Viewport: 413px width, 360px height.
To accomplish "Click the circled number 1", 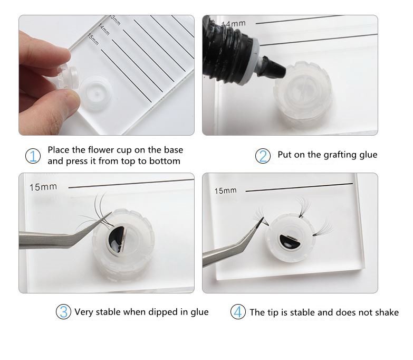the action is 33,156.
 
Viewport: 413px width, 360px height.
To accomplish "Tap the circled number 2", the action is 263,156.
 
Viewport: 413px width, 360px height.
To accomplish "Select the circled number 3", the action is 63,311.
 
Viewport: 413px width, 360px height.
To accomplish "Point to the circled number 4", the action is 238,312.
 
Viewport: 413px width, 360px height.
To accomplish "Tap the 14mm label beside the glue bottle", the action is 234,23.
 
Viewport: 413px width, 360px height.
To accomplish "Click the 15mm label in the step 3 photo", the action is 43,187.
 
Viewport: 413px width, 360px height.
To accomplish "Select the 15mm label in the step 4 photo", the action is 225,191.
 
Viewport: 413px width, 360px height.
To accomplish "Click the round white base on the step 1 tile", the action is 95,93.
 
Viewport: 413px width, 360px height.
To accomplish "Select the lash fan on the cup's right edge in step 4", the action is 323,228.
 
